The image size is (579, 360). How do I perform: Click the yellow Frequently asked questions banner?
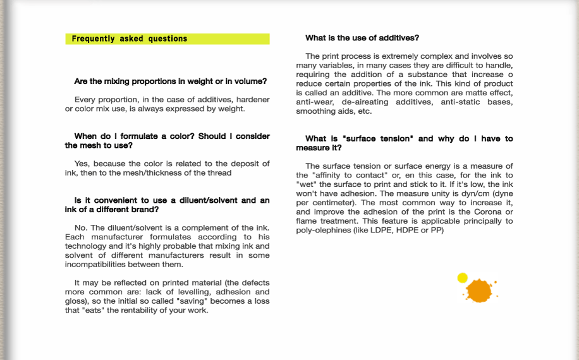coord(168,39)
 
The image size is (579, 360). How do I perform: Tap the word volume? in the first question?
coord(249,81)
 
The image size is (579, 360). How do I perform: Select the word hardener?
coord(252,100)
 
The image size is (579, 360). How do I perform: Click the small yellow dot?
coord(462,277)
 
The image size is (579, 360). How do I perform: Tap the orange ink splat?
coord(479,290)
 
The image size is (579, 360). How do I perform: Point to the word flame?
coord(307,221)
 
